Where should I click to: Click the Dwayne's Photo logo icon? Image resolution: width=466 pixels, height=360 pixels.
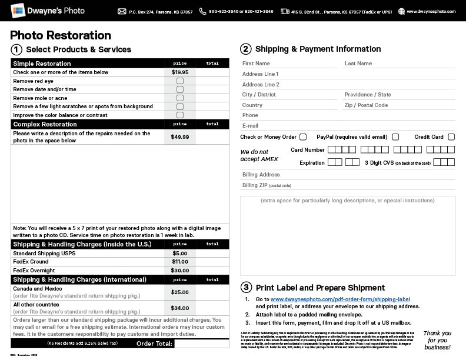pos(18,11)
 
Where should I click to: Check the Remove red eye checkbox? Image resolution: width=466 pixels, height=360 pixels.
pos(180,81)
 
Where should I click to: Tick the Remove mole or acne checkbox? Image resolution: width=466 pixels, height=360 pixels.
pos(180,98)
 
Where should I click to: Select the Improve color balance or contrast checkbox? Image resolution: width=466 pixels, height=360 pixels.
pos(180,115)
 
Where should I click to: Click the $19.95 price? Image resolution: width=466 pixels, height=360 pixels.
pos(180,72)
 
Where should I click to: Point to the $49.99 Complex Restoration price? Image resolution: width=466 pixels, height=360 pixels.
pos(180,137)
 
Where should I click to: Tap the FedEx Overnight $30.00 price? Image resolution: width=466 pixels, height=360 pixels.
pos(180,270)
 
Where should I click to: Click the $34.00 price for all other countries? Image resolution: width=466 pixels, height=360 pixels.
pos(180,308)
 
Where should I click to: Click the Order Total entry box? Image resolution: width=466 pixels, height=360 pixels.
pos(202,344)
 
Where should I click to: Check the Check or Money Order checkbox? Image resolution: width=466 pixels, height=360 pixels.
pos(303,137)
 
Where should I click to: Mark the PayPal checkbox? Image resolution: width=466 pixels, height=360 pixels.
pos(395,137)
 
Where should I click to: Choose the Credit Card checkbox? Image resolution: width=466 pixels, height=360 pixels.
pos(451,137)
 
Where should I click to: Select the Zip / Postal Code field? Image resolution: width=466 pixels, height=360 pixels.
pos(399,105)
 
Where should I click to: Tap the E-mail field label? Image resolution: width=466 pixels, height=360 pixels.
pos(250,126)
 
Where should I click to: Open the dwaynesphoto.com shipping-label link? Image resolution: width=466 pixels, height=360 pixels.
pos(340,299)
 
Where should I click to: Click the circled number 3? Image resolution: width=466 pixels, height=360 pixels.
pos(246,288)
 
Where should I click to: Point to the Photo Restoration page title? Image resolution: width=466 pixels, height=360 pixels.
pos(61,36)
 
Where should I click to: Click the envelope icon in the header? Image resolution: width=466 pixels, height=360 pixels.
pos(122,11)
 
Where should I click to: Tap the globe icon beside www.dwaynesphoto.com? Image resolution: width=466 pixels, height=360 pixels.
pos(402,11)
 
